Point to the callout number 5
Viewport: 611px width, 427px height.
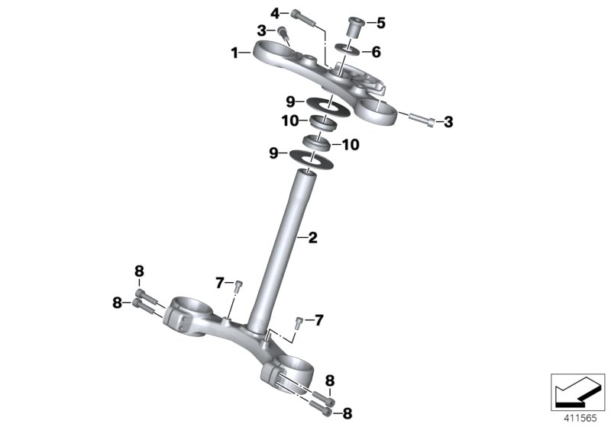click(x=382, y=22)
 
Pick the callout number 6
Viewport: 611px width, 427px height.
click(x=375, y=53)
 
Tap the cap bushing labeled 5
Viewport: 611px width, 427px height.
click(x=354, y=27)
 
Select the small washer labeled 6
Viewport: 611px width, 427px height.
click(x=348, y=52)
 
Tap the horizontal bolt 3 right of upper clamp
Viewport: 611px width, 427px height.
click(x=422, y=120)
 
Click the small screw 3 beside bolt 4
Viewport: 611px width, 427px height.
click(x=283, y=34)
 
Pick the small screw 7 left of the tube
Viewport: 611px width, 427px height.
click(x=238, y=286)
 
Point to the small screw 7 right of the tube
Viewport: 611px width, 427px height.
click(x=299, y=320)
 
